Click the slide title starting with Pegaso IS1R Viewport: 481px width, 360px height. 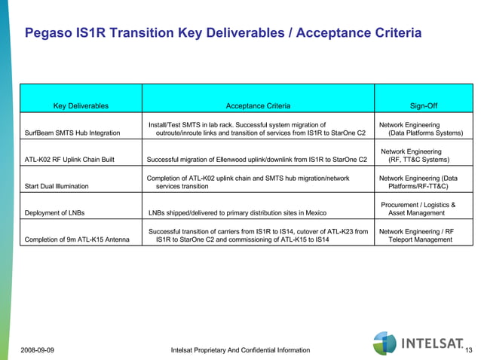click(222, 34)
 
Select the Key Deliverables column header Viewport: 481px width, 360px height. click(81, 106)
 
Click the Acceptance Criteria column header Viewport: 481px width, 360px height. click(258, 106)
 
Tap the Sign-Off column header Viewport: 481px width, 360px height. click(422, 106)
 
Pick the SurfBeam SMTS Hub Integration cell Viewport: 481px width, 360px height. click(72, 133)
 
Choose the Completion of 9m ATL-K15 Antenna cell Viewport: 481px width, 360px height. click(78, 239)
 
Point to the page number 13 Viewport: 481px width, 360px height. click(469, 350)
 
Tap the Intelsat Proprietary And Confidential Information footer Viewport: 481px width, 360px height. click(240, 350)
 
